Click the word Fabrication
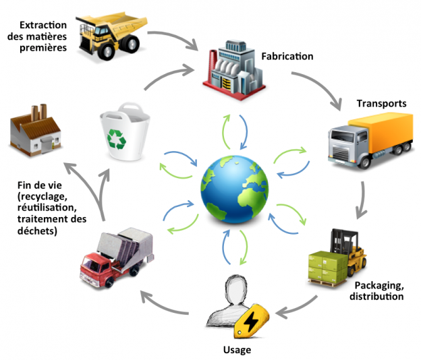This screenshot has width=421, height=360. point(287,57)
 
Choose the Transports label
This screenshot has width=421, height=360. point(381,104)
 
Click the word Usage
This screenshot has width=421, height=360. point(236,350)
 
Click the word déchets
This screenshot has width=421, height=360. point(38,232)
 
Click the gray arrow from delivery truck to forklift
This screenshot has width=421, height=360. point(364,199)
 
